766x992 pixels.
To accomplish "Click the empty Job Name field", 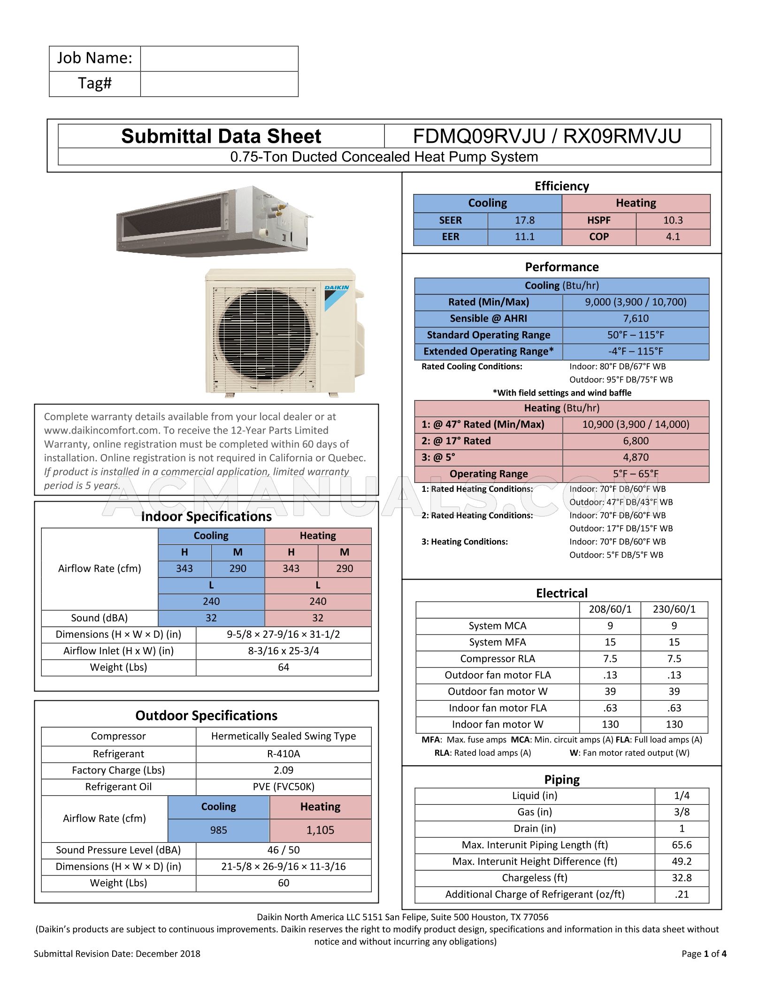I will pyautogui.click(x=219, y=59).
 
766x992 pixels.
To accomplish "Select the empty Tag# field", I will pyautogui.click(x=219, y=84).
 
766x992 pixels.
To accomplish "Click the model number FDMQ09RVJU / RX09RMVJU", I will pyautogui.click(x=547, y=136).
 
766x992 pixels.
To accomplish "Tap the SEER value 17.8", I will pyautogui.click(x=524, y=220).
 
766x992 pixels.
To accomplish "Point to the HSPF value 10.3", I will pyautogui.click(x=673, y=220).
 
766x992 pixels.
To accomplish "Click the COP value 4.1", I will pyautogui.click(x=673, y=237).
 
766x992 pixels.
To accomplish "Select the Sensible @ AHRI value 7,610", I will pyautogui.click(x=636, y=318).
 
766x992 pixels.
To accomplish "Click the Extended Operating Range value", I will pyautogui.click(x=636, y=351).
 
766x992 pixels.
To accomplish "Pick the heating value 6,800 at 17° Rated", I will pyautogui.click(x=636, y=441).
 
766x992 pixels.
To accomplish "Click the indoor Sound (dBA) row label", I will pyautogui.click(x=100, y=618).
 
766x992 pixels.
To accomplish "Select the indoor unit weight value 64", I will pyautogui.click(x=283, y=667).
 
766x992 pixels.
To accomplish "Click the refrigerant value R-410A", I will pyautogui.click(x=283, y=754).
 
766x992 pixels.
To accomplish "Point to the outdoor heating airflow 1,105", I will pyautogui.click(x=320, y=830).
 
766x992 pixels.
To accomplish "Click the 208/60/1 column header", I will pyautogui.click(x=610, y=610).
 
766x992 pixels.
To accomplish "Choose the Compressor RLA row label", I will pyautogui.click(x=498, y=659).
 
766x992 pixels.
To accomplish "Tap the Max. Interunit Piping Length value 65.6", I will pyautogui.click(x=682, y=845).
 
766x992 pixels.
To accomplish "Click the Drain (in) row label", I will pyautogui.click(x=535, y=829).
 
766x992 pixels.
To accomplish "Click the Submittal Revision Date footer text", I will pyautogui.click(x=117, y=954).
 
